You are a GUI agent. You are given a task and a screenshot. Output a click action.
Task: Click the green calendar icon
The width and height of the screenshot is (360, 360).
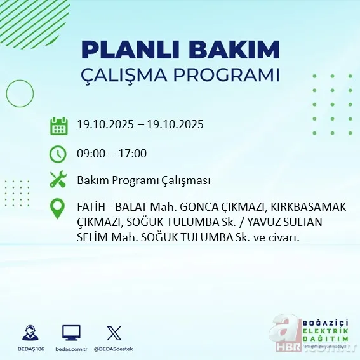[59, 125]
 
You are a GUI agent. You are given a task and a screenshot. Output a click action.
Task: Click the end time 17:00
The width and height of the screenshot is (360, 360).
[133, 153]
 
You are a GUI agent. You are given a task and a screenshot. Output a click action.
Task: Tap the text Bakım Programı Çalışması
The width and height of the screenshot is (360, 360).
[143, 180]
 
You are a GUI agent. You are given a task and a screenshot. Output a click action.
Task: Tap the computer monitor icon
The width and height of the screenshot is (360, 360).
[71, 332]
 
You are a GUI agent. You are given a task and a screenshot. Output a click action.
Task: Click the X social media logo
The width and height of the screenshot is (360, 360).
[113, 332]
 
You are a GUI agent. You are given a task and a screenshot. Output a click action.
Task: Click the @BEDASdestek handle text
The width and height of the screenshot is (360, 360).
[114, 349]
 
